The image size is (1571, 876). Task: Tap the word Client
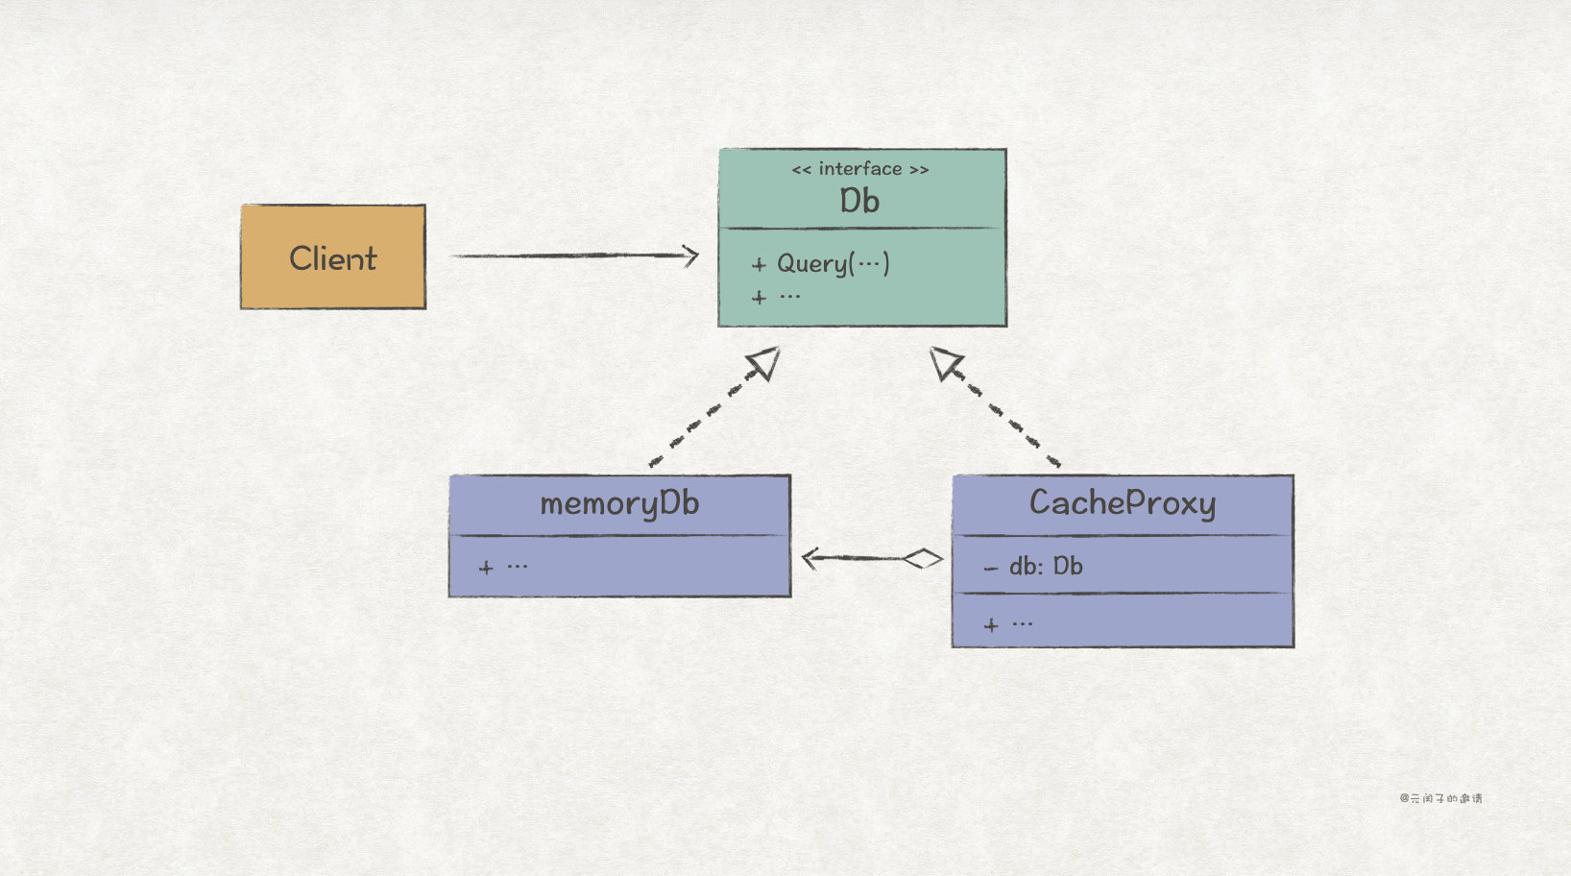coord(332,258)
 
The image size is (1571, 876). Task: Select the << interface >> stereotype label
coord(859,169)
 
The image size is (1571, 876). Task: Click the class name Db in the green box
coord(859,201)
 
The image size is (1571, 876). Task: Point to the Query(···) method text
coord(832,263)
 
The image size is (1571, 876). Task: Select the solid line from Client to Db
coord(567,255)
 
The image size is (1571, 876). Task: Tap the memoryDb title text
coord(619,503)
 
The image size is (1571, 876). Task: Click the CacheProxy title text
coord(1123,502)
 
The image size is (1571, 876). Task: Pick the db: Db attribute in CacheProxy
coord(1044,567)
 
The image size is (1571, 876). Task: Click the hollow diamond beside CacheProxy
coord(923,558)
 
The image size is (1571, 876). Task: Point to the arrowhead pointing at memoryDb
coord(810,558)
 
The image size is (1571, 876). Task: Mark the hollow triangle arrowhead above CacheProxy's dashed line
coord(944,362)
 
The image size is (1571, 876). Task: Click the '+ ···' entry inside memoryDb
coord(503,567)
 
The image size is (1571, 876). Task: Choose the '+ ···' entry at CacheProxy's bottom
coord(1008,624)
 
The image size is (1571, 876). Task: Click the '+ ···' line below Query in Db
coord(776,297)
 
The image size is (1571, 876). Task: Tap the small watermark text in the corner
coord(1440,798)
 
